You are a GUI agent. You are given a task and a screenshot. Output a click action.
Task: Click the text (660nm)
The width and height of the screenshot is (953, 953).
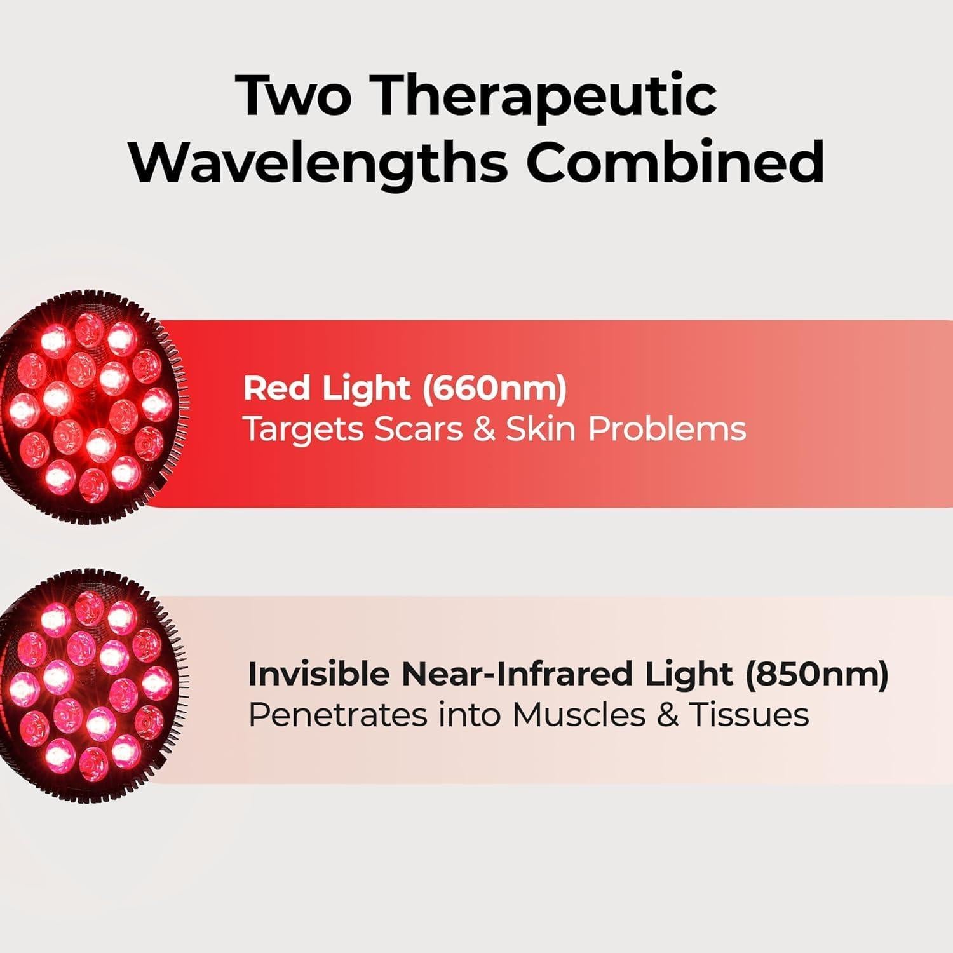pyautogui.click(x=494, y=388)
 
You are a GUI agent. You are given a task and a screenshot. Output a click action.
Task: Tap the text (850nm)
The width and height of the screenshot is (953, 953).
pyautogui.click(x=817, y=674)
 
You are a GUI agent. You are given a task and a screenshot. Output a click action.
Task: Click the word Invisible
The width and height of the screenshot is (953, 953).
pyautogui.click(x=319, y=674)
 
